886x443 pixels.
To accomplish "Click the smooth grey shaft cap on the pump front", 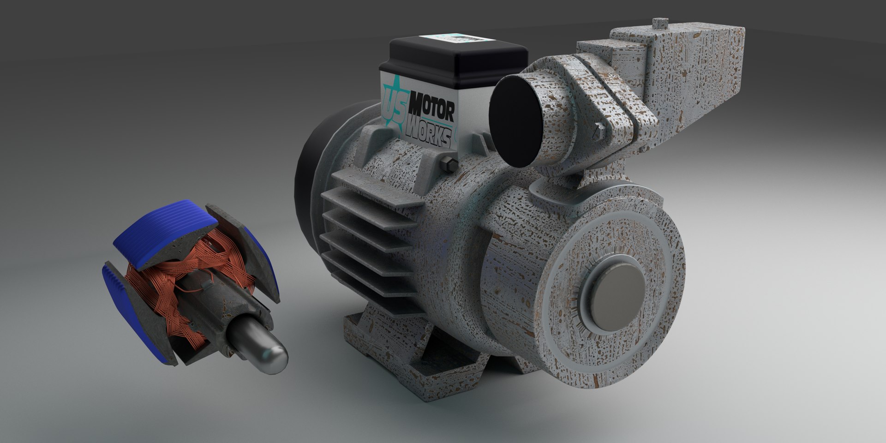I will (616, 297).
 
